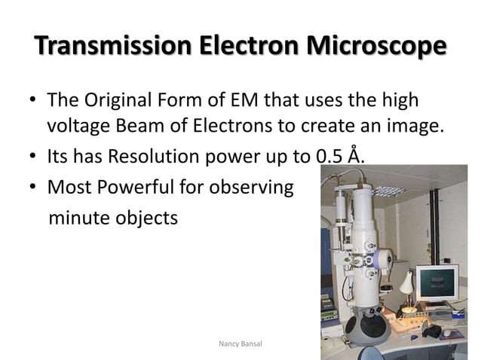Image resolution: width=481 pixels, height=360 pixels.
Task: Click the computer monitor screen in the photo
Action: pyautogui.click(x=437, y=285)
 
